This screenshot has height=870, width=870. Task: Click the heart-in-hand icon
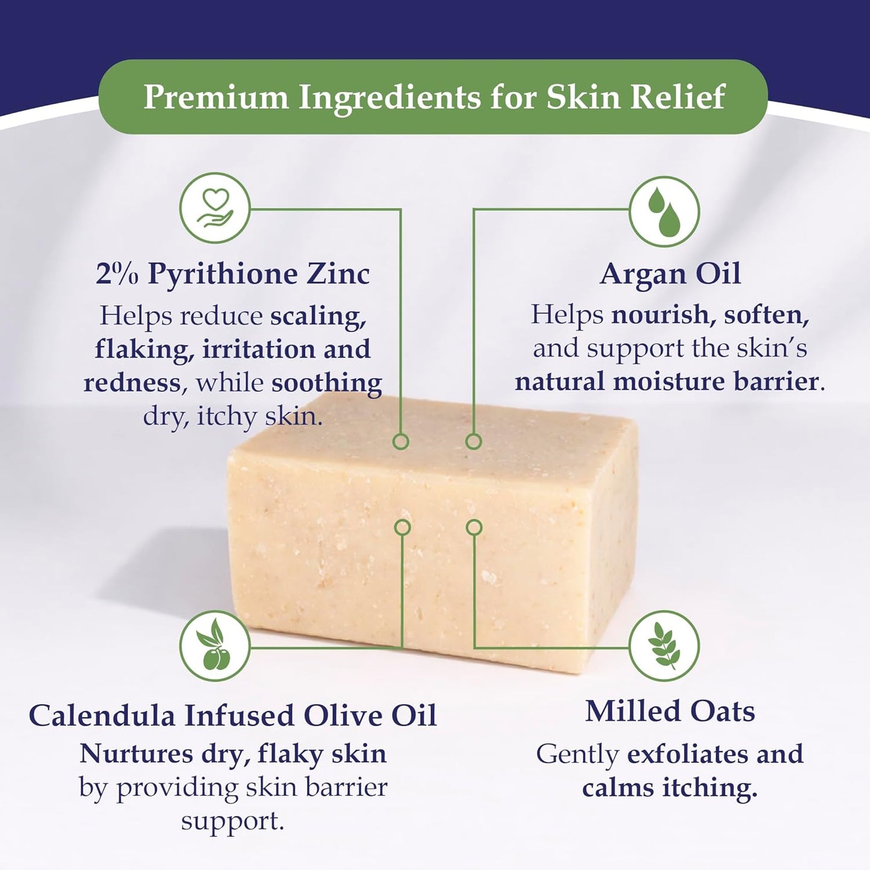(215, 208)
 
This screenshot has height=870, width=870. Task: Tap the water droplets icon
(664, 211)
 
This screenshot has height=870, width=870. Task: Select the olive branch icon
(215, 646)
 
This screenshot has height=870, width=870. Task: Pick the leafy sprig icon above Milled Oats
(664, 646)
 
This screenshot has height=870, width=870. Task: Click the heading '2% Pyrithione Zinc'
(232, 274)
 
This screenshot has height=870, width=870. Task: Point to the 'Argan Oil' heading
(670, 274)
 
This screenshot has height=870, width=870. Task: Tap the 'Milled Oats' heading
(670, 711)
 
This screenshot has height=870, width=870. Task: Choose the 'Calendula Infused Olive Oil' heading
(232, 716)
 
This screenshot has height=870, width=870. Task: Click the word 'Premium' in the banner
(216, 97)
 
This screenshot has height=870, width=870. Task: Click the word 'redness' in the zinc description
(132, 383)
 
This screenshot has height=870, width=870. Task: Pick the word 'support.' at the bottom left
(232, 821)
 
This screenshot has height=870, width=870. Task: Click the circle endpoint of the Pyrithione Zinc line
(401, 441)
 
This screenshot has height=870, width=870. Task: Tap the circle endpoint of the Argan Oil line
(474, 441)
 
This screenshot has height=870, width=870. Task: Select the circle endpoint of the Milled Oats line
(474, 527)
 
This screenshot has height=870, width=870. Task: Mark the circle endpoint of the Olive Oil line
(402, 527)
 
